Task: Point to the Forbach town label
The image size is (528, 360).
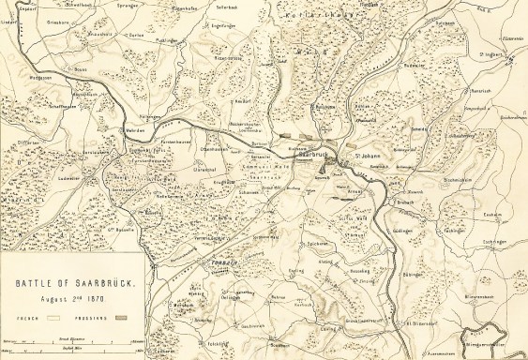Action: point(217,263)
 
